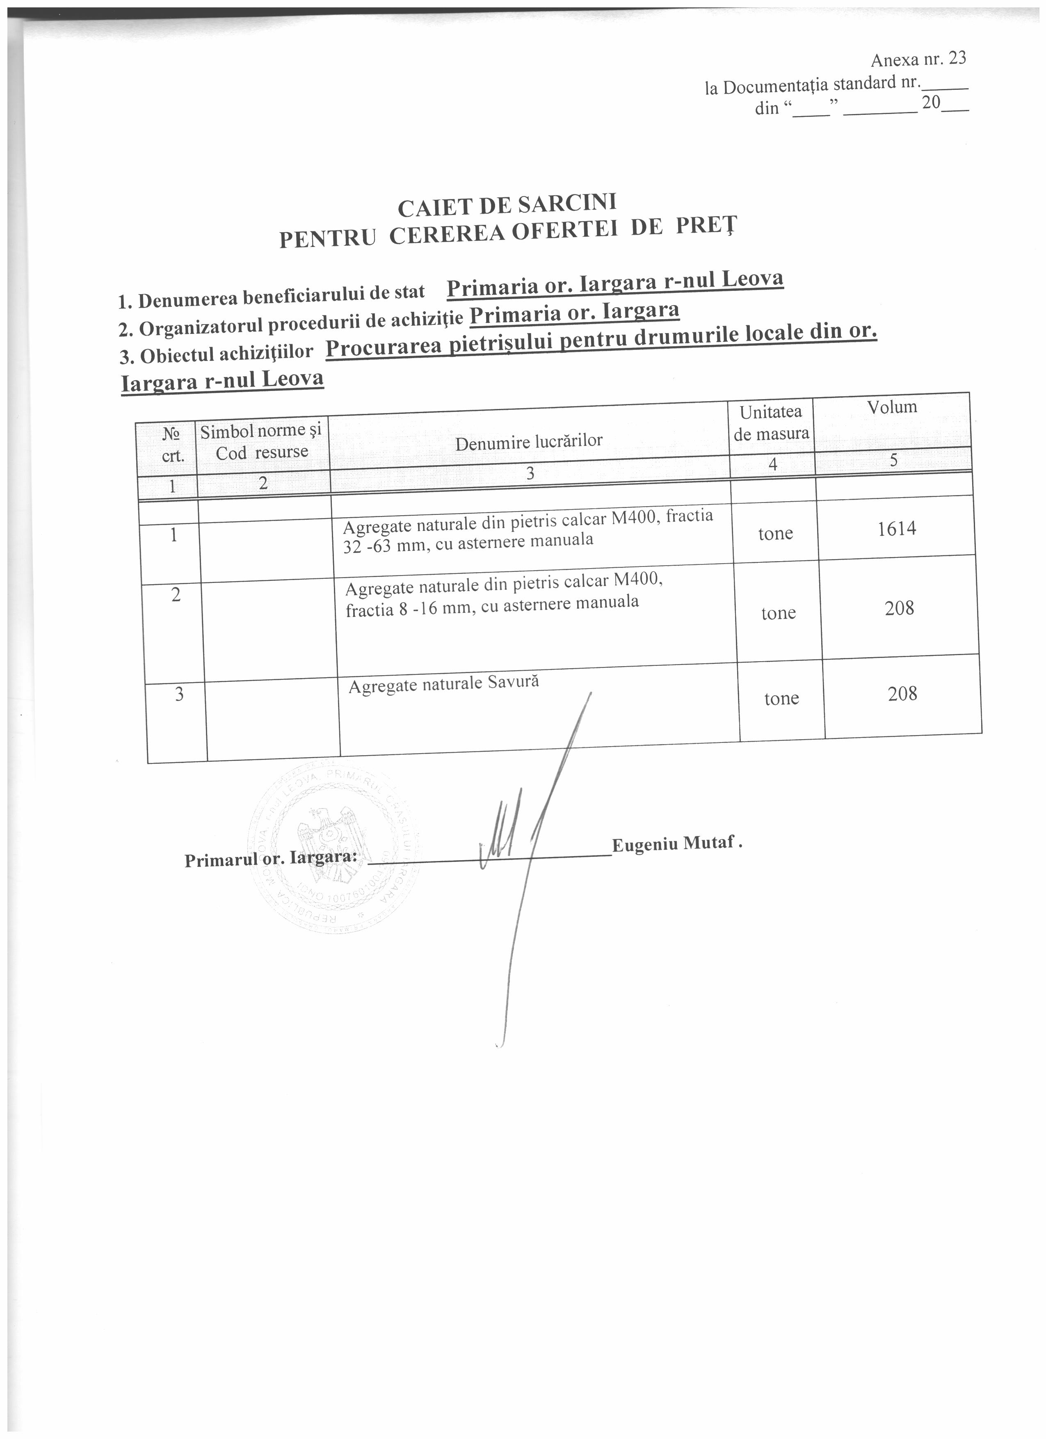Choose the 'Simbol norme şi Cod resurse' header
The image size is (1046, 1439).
tap(261, 442)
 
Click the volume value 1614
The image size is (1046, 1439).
tap(897, 528)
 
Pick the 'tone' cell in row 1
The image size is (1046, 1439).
tap(775, 534)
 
